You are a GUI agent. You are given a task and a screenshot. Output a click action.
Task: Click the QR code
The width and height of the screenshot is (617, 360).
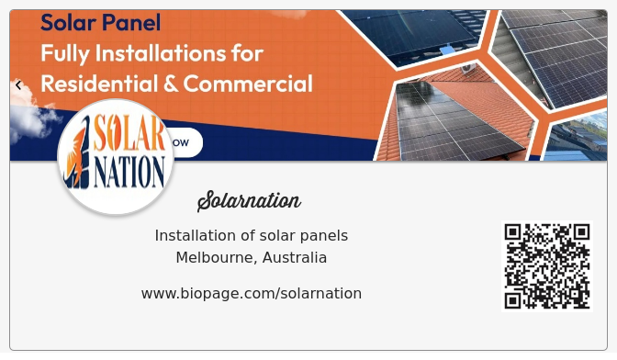pos(547,265)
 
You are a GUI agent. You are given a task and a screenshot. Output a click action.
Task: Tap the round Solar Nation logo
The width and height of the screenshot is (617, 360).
pos(116,157)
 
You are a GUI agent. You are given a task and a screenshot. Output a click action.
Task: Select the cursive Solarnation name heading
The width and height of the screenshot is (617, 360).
pos(249,200)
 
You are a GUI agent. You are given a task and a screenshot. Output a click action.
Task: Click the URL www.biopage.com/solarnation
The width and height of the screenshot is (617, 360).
pos(251,293)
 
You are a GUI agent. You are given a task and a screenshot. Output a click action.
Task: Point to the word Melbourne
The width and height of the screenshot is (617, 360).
pos(215,258)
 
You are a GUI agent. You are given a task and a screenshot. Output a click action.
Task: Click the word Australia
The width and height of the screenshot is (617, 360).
pos(295,258)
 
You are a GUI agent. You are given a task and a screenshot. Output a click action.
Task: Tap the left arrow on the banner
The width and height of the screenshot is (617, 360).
pos(18,85)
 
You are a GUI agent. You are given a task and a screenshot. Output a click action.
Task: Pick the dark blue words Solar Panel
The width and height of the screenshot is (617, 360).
pos(100,23)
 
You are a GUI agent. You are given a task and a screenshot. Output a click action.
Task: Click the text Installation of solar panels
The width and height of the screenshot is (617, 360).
pos(251,236)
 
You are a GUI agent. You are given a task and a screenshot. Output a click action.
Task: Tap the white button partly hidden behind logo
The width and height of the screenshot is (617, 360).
pos(186,142)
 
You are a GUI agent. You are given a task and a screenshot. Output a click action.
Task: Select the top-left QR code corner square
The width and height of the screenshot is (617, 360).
pos(513,231)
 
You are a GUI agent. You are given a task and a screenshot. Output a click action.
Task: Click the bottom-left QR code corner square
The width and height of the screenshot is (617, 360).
pos(513,299)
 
